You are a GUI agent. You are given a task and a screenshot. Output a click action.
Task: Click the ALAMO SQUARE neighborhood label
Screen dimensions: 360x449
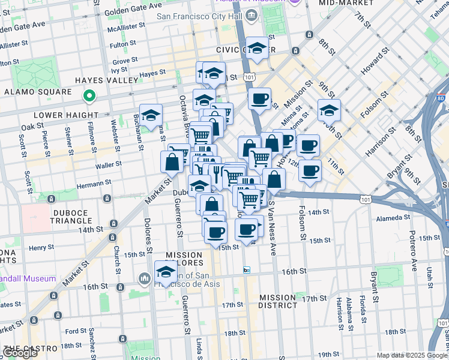[38, 92]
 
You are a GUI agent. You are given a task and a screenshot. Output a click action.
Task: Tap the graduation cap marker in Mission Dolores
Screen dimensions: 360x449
[166, 272]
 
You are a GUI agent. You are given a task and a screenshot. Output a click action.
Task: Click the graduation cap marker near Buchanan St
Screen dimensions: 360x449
[151, 115]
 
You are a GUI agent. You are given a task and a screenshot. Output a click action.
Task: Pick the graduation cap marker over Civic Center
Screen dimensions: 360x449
[257, 49]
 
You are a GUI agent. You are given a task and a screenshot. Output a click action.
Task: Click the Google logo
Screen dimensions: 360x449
[20, 353]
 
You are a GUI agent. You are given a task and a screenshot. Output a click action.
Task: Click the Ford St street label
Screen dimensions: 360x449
[76, 331]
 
